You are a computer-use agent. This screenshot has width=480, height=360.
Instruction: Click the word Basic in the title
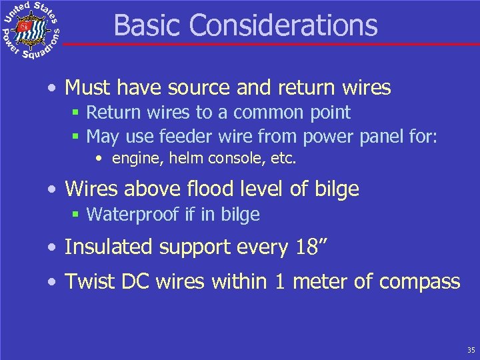(x=148, y=25)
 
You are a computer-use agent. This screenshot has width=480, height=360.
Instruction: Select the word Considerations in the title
(x=283, y=25)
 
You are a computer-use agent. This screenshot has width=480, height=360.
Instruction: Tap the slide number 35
(x=471, y=350)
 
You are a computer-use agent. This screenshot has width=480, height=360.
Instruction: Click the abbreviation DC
(x=131, y=281)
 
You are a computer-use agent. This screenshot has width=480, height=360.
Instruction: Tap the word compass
(x=419, y=283)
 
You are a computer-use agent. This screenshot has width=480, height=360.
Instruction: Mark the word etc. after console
(x=285, y=159)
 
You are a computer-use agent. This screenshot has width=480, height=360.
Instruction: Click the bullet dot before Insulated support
(x=52, y=248)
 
